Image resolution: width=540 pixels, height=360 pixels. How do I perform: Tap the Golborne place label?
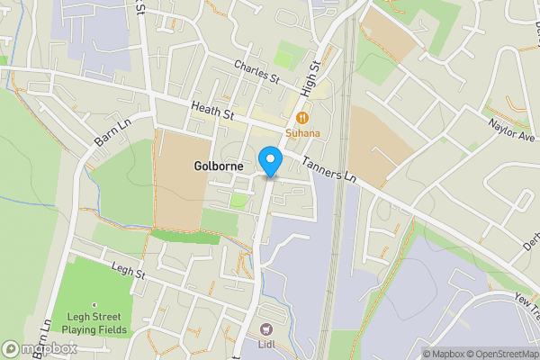[x=217, y=166]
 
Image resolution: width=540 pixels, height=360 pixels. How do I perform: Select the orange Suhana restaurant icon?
[x=303, y=116]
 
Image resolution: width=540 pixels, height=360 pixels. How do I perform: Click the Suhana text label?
[x=303, y=133]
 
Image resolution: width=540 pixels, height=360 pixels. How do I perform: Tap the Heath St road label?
[x=211, y=113]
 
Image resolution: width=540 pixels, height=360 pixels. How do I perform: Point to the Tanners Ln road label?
[x=329, y=168]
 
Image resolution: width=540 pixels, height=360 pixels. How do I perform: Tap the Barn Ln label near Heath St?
[x=112, y=132]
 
